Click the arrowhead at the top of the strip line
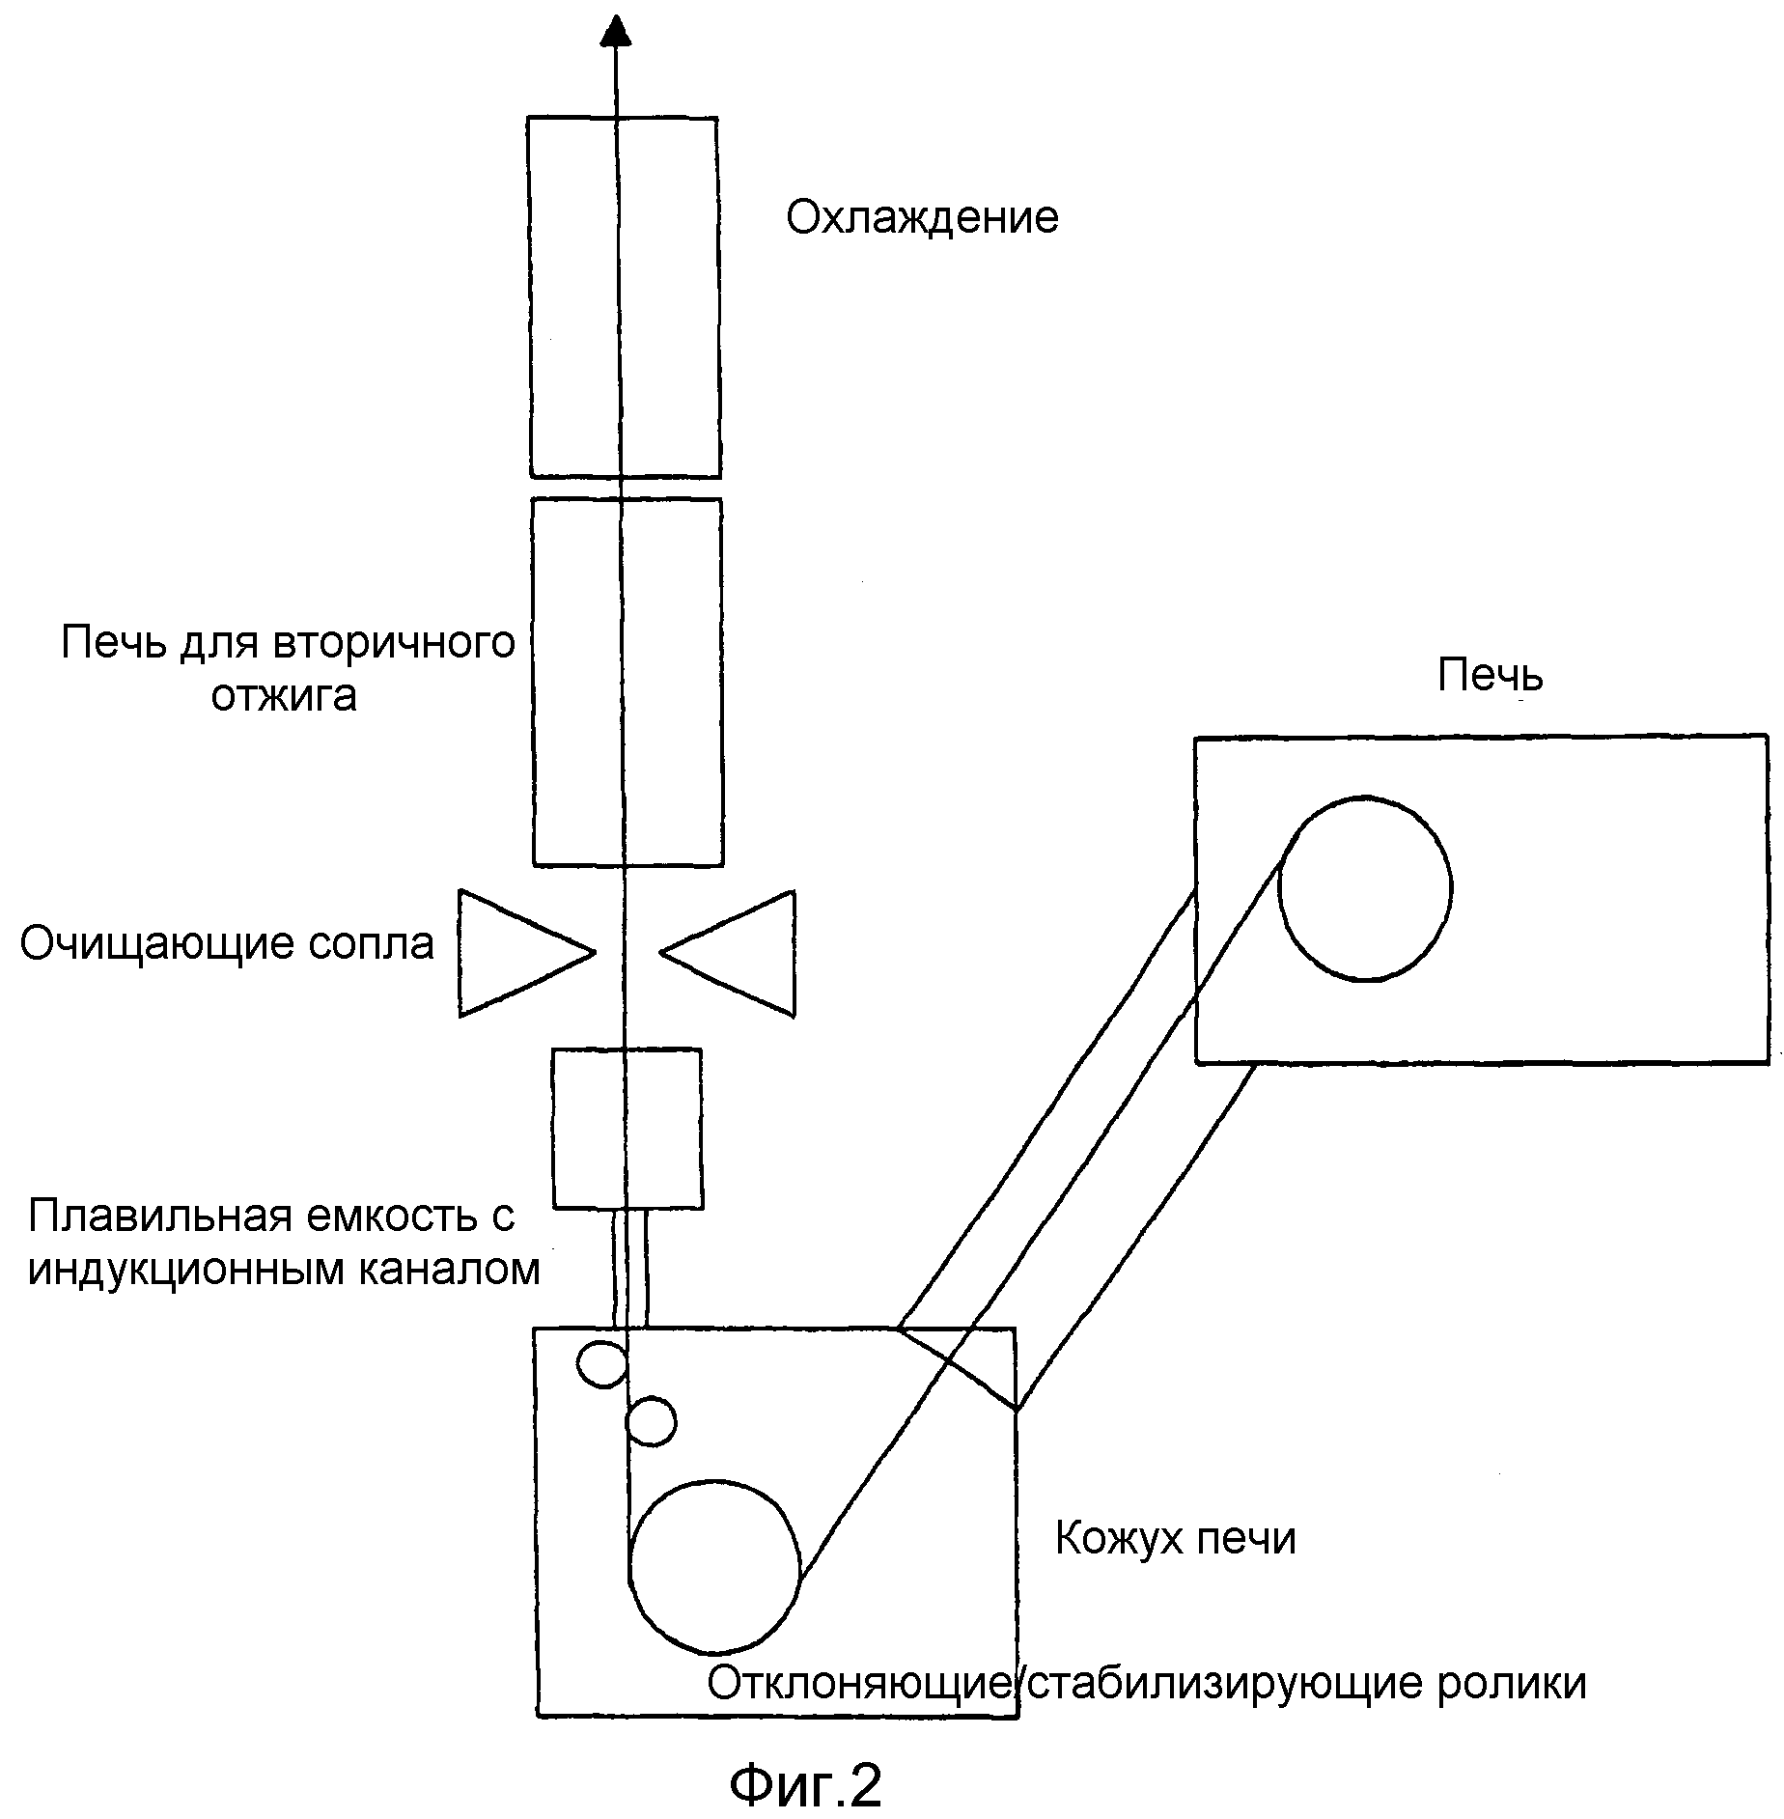tap(616, 31)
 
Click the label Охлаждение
tap(922, 218)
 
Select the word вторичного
tap(395, 642)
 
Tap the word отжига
tap(284, 695)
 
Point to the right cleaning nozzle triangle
tap(740, 952)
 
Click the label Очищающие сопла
tap(228, 943)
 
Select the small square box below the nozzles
tap(627, 1128)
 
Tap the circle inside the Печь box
tap(1365, 888)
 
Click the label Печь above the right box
tap(1490, 675)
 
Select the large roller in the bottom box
tap(714, 1565)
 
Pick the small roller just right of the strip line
tap(651, 1420)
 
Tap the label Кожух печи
tap(1175, 1538)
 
